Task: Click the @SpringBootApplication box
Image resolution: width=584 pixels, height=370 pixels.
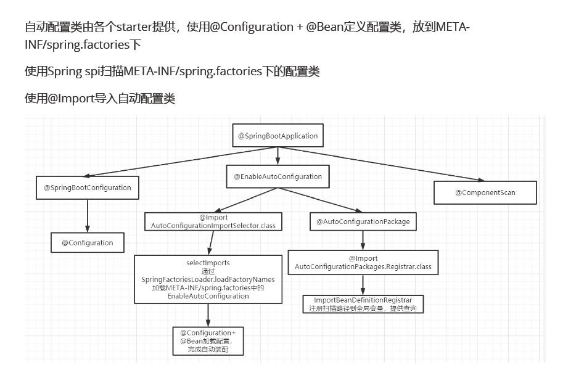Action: (x=278, y=136)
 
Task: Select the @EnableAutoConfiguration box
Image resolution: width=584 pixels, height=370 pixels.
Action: (x=278, y=176)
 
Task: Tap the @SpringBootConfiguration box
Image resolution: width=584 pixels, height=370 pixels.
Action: (x=87, y=187)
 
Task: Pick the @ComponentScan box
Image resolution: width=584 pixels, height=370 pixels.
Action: (x=485, y=192)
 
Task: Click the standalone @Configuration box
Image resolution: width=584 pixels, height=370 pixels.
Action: (x=87, y=242)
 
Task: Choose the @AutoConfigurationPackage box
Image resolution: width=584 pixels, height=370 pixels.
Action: (x=363, y=221)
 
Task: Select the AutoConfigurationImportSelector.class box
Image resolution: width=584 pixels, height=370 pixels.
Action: (x=213, y=222)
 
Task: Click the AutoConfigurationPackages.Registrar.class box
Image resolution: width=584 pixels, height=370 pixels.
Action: (x=363, y=263)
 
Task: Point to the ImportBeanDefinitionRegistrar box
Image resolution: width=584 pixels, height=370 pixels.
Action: (x=363, y=304)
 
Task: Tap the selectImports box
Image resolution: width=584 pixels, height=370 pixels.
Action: (x=208, y=279)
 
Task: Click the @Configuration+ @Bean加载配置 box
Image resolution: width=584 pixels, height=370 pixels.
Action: (x=208, y=341)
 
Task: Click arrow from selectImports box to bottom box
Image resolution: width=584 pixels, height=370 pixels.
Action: (x=208, y=314)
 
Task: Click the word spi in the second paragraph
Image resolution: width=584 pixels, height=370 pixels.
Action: (x=93, y=72)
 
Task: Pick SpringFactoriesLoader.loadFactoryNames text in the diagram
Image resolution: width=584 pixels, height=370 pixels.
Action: (x=208, y=279)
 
